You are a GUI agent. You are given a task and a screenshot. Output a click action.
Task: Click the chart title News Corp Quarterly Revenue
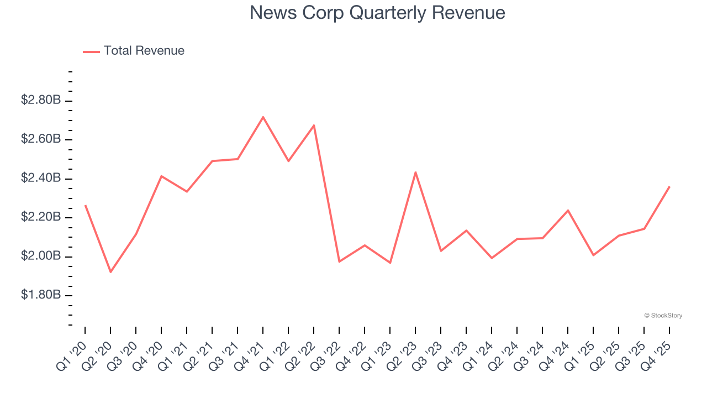coord(377,13)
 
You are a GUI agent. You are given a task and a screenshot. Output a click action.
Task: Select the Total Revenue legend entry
coord(144,51)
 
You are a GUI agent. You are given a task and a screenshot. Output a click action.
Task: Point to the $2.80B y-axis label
coord(41,101)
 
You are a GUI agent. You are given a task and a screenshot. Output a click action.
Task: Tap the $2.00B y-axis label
coord(41,256)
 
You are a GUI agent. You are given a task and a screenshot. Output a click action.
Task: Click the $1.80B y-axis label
coord(41,295)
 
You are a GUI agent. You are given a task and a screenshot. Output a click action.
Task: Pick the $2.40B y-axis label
coord(41,179)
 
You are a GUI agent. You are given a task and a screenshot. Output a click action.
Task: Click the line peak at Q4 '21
coord(263,117)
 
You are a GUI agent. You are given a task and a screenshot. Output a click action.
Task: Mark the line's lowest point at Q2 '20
coord(110,272)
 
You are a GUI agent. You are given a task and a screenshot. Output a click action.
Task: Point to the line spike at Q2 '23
coord(415,172)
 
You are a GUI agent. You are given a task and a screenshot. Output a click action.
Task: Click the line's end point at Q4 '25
coord(669,187)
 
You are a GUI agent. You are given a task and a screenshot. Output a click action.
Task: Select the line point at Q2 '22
coord(314,125)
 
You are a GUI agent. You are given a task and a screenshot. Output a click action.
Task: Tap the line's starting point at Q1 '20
coord(85,206)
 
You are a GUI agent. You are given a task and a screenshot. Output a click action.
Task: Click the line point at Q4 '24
coord(568,211)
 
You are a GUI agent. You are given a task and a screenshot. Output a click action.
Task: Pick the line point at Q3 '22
coord(339,261)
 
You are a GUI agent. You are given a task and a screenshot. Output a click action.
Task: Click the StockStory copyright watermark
coord(663,316)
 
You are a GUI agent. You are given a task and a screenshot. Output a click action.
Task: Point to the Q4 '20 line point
coord(161,176)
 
